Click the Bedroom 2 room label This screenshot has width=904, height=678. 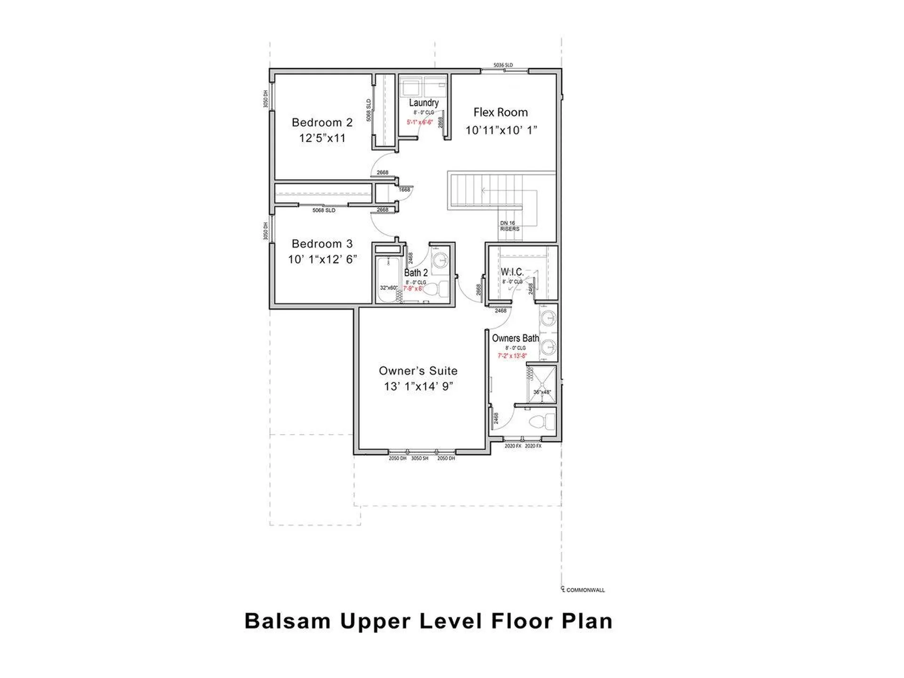322,122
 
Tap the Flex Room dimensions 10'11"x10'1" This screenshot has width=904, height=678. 501,130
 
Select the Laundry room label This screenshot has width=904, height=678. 424,103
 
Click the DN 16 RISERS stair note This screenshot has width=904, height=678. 509,226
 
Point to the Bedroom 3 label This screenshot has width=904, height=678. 322,244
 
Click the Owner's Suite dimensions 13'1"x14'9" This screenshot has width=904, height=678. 418,387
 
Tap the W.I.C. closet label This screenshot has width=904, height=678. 512,272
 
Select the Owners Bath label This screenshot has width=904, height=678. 515,338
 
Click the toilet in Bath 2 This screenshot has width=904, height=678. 437,289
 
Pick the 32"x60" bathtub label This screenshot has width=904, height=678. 388,288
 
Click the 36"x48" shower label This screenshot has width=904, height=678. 541,392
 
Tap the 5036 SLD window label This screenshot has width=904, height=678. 503,65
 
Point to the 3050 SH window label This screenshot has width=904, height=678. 420,459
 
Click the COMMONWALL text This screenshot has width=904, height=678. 585,590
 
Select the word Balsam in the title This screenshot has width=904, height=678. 287,621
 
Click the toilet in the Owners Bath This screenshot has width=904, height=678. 544,420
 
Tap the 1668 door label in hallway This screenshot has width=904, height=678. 404,190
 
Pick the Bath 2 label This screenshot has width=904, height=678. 416,273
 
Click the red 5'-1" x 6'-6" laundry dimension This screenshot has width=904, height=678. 420,122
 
